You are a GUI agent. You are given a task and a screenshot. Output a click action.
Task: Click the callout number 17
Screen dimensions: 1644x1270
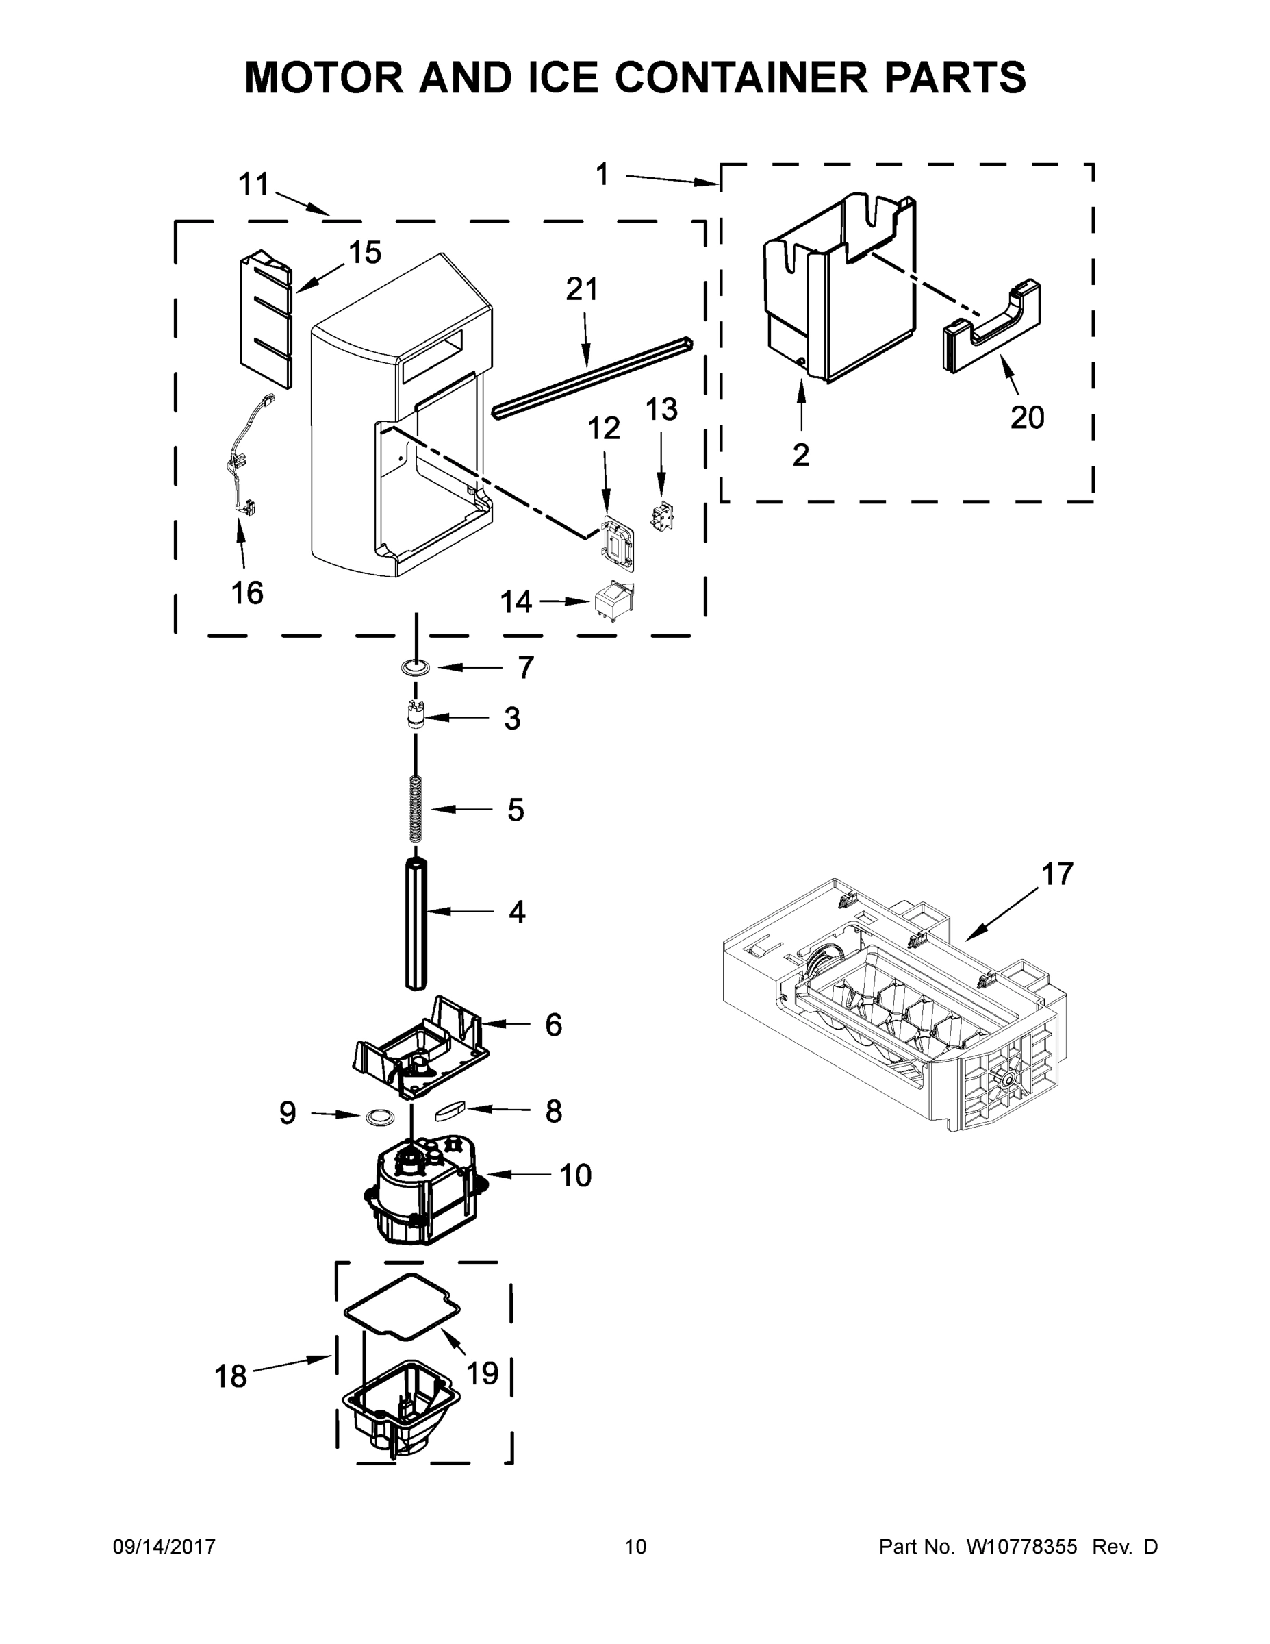[1057, 874]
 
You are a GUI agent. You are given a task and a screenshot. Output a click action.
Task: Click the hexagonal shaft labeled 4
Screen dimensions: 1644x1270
[416, 923]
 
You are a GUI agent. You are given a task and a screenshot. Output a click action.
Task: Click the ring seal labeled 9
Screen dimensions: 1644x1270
[379, 1117]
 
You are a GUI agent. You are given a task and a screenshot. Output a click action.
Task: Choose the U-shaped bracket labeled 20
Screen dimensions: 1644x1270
[991, 327]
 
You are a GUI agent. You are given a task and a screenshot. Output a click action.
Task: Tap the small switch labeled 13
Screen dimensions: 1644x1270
[661, 516]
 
